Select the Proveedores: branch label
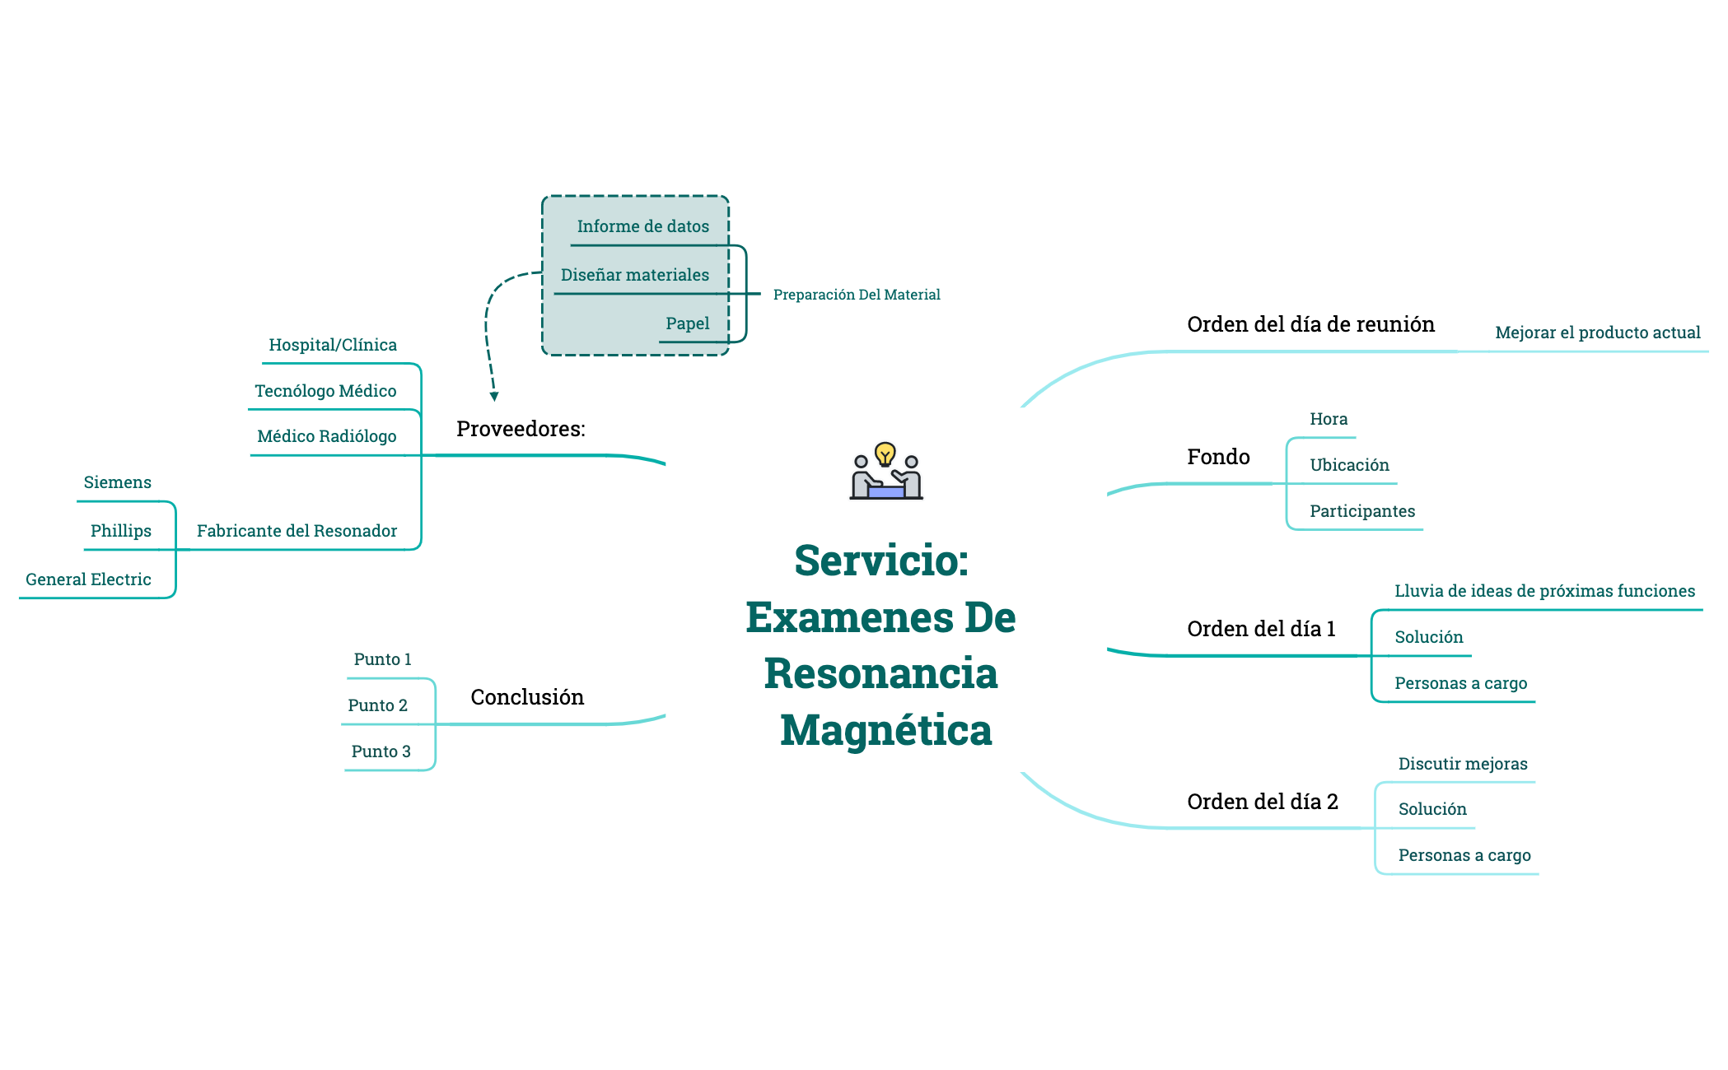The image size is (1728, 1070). [x=521, y=429]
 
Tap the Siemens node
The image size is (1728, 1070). [x=118, y=482]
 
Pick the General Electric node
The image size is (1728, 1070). [x=88, y=579]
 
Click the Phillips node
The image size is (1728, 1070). [x=121, y=531]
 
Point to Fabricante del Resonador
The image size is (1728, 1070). [x=297, y=531]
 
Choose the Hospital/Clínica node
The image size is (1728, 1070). [x=333, y=345]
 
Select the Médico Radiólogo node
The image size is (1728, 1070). [x=327, y=436]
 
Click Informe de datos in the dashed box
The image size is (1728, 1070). [x=642, y=226]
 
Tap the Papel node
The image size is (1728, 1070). [x=687, y=323]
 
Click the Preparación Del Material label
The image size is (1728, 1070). [x=857, y=295]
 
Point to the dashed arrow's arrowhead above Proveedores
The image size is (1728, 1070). [x=494, y=397]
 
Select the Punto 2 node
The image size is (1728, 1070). [x=377, y=705]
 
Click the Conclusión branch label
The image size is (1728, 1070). [x=527, y=697]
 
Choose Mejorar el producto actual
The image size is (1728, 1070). [x=1597, y=333]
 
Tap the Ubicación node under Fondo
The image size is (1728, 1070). [x=1349, y=465]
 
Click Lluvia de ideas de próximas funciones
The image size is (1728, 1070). [x=1544, y=591]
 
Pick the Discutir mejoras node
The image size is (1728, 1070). [x=1463, y=764]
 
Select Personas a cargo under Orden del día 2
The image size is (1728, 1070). [x=1464, y=855]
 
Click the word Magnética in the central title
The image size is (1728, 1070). [x=886, y=730]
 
